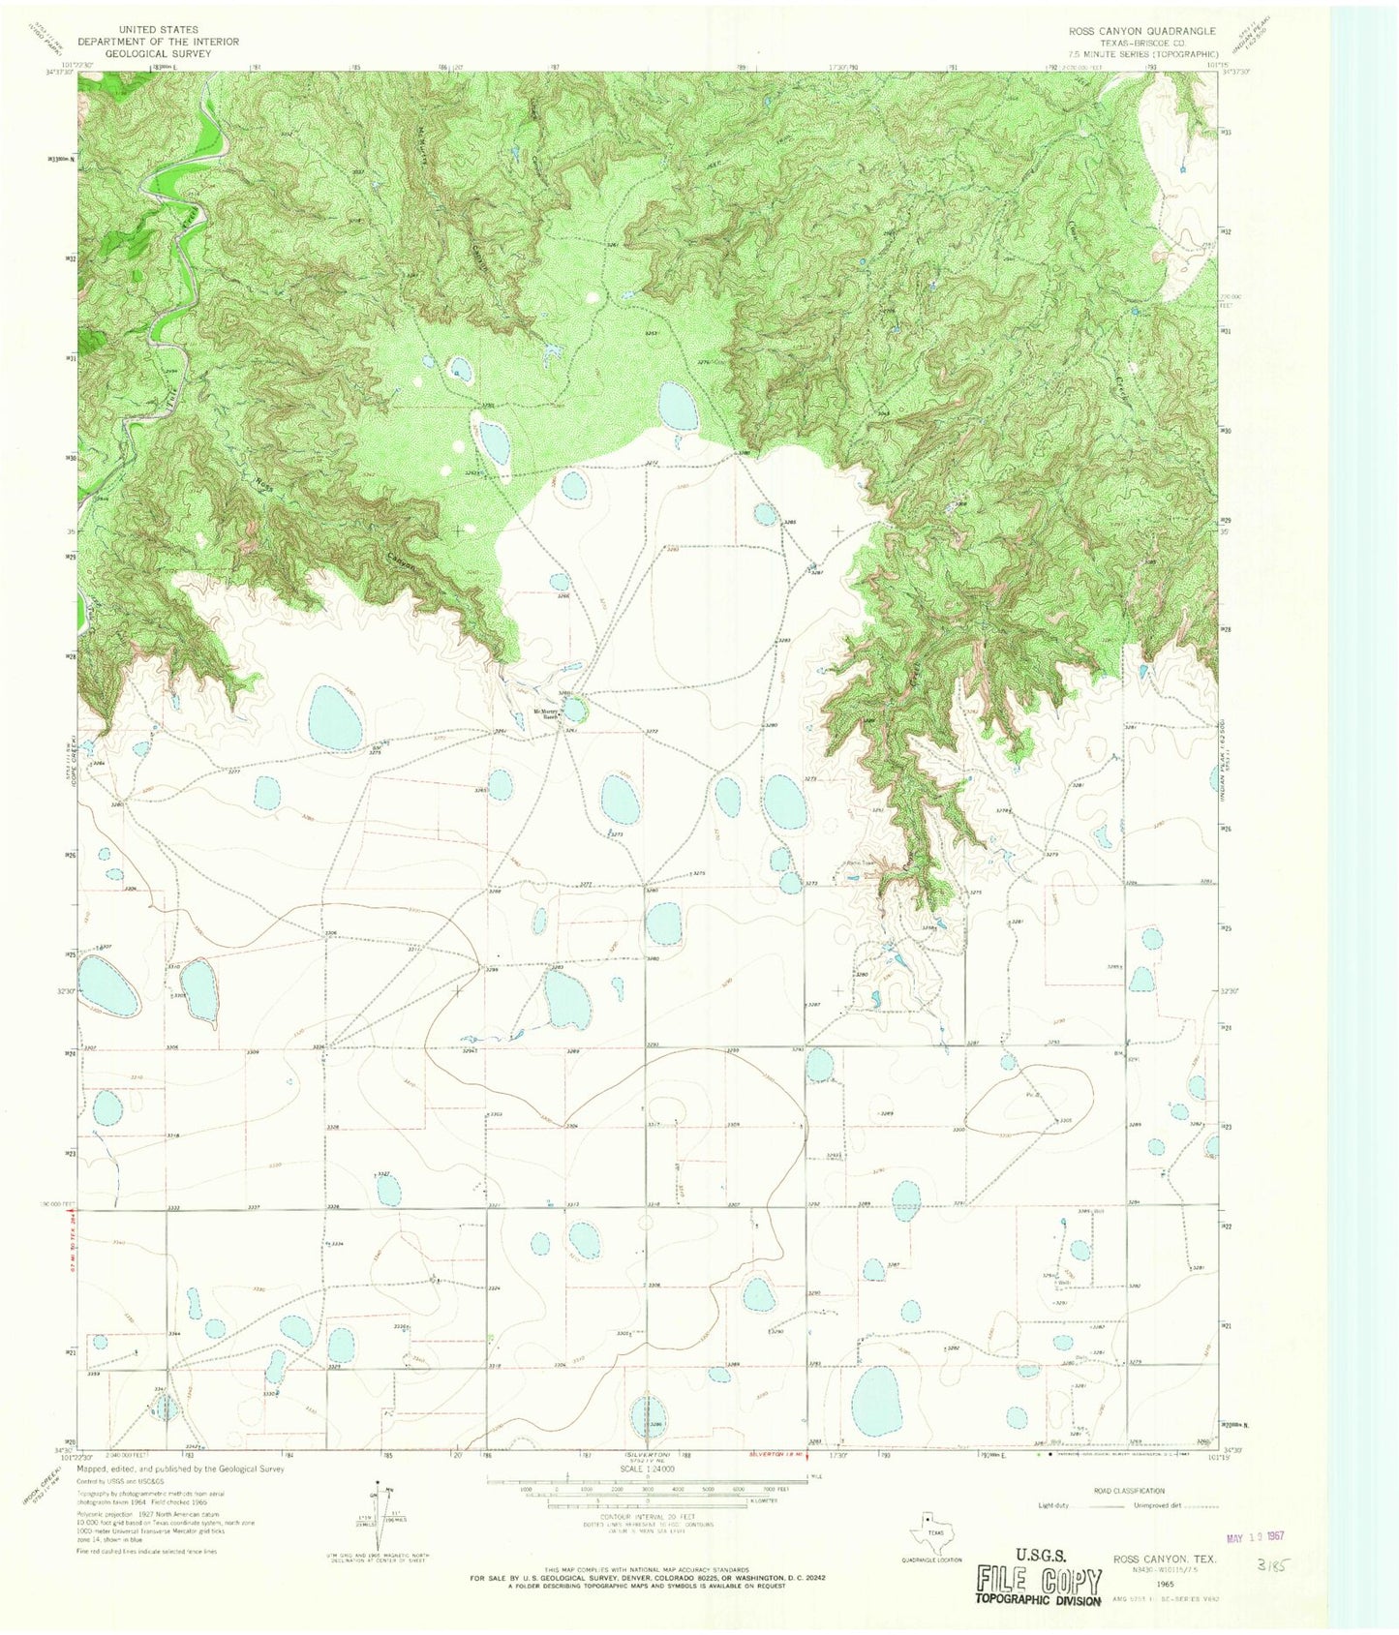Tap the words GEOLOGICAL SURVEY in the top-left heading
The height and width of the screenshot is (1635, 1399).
[158, 55]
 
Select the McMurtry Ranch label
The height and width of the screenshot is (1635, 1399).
[547, 715]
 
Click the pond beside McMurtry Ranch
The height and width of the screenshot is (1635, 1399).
[575, 711]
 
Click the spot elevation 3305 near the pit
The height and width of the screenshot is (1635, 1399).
[1065, 1121]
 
